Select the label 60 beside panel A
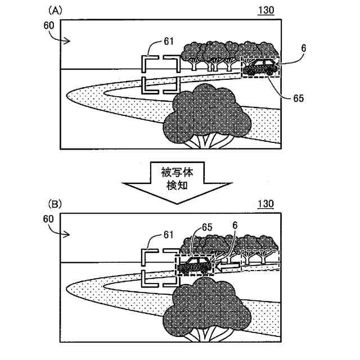[48, 25]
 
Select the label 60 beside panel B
[48, 218]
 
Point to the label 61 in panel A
[169, 40]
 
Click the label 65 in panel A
[298, 98]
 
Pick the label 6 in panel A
[303, 49]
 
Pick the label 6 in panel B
[235, 225]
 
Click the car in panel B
[195, 264]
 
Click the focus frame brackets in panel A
[160, 73]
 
